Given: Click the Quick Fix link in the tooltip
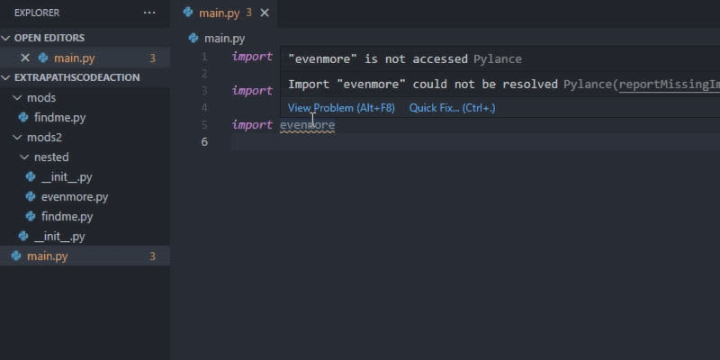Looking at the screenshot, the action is (453, 108).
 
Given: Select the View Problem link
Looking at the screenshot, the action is (341, 108).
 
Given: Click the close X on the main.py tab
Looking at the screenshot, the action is (265, 13).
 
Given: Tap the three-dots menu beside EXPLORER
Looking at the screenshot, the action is (149, 13).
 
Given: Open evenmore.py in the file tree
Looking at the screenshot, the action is (75, 197).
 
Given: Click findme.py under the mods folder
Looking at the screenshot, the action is (59, 118).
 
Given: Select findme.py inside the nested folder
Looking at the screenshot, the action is (67, 217).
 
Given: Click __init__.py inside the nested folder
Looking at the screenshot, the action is (67, 177).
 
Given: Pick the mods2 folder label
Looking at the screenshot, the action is (44, 138).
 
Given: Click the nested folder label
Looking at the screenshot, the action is (51, 157).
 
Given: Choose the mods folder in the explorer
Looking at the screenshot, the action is (41, 98).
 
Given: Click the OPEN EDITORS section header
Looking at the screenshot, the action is (49, 38).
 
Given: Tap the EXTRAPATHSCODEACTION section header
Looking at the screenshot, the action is (77, 77).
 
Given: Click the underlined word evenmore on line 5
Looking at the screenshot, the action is (307, 125).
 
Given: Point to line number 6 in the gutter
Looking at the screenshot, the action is (204, 142).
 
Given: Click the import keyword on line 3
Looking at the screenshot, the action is (252, 91).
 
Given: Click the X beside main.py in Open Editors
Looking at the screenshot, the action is (25, 58).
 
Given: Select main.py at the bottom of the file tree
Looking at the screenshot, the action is (48, 256).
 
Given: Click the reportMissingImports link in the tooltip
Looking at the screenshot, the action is (670, 85).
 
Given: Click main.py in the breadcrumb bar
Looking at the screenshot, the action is (224, 39).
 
